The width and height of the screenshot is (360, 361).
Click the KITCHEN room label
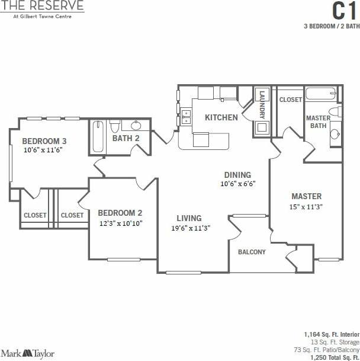point(221,117)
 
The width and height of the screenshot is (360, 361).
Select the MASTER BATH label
point(318,122)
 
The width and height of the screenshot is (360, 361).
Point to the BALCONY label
point(252,252)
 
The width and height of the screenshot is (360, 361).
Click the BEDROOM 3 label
point(44,141)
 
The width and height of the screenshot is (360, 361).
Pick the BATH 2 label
point(126,139)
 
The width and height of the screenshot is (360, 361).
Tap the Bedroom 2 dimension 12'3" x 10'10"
point(120,223)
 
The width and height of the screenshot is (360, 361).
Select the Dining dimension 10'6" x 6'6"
point(237,184)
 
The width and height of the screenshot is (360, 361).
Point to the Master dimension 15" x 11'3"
point(306,207)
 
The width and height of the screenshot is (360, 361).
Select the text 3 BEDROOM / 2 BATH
point(331,27)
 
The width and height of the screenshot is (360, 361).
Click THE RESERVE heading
point(42,6)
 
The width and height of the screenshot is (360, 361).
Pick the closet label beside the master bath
point(291,100)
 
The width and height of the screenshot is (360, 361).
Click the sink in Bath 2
point(136,125)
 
